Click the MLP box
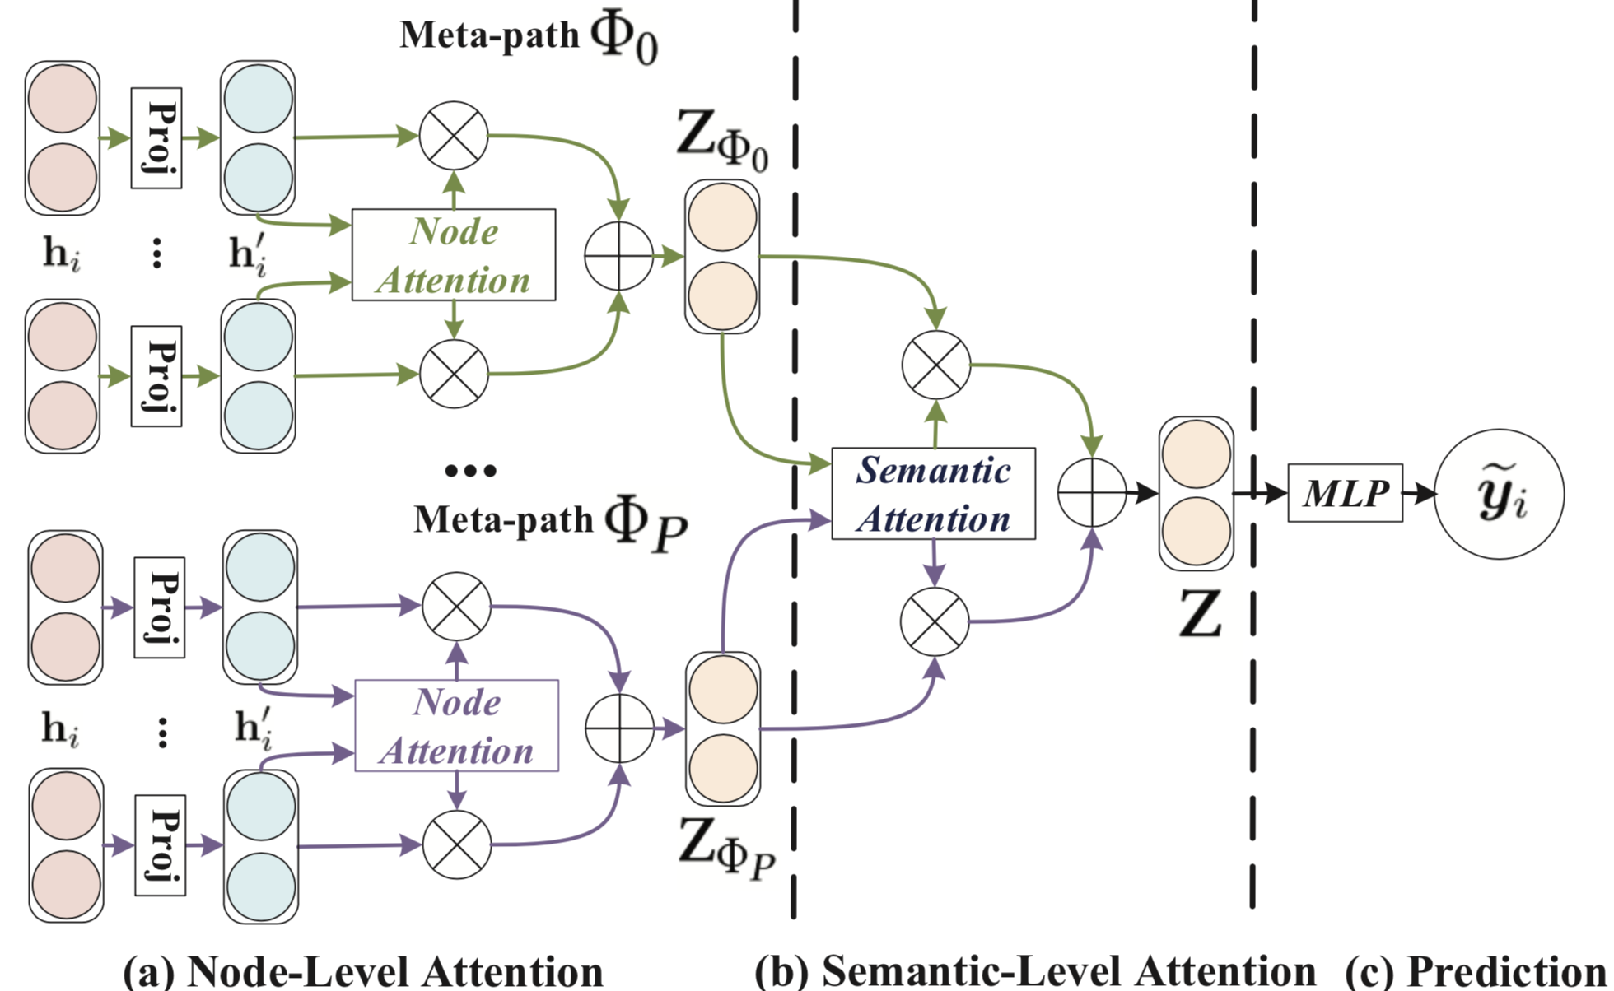(1344, 493)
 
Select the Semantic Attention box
(933, 494)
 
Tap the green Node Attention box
(453, 254)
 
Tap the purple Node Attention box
(456, 725)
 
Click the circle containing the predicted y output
(1499, 494)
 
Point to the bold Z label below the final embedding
(1199, 614)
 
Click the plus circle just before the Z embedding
(1091, 493)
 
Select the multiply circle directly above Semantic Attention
(936, 365)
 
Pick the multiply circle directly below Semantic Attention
(935, 621)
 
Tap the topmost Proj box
(156, 138)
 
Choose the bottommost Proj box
(160, 845)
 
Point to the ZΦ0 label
(721, 139)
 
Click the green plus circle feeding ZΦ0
(618, 256)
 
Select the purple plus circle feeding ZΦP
(619, 728)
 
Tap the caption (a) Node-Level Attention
(362, 971)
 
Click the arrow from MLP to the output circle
(1418, 494)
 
